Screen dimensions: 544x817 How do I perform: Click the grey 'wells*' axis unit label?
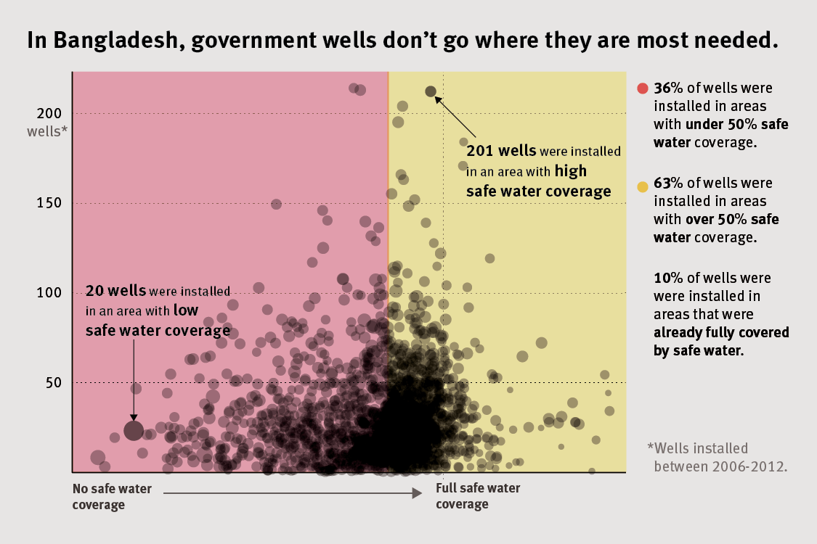pyautogui.click(x=47, y=131)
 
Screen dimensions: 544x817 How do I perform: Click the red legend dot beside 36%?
pyautogui.click(x=642, y=88)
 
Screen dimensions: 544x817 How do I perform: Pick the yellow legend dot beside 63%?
pyautogui.click(x=642, y=188)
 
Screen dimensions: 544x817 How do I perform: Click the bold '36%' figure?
pyautogui.click(x=667, y=88)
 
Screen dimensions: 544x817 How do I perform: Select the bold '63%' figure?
pyautogui.click(x=667, y=183)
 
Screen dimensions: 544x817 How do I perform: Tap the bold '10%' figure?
pyautogui.click(x=667, y=278)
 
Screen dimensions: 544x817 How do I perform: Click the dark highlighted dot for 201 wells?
pyautogui.click(x=431, y=91)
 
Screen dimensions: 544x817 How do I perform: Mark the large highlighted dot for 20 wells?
pyautogui.click(x=133, y=431)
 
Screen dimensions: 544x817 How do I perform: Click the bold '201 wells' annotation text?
pyautogui.click(x=501, y=151)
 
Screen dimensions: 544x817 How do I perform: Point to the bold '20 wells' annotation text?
pyautogui.click(x=116, y=291)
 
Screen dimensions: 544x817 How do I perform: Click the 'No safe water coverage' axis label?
pyautogui.click(x=112, y=496)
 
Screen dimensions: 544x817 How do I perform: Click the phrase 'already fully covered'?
pyautogui.click(x=720, y=334)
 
